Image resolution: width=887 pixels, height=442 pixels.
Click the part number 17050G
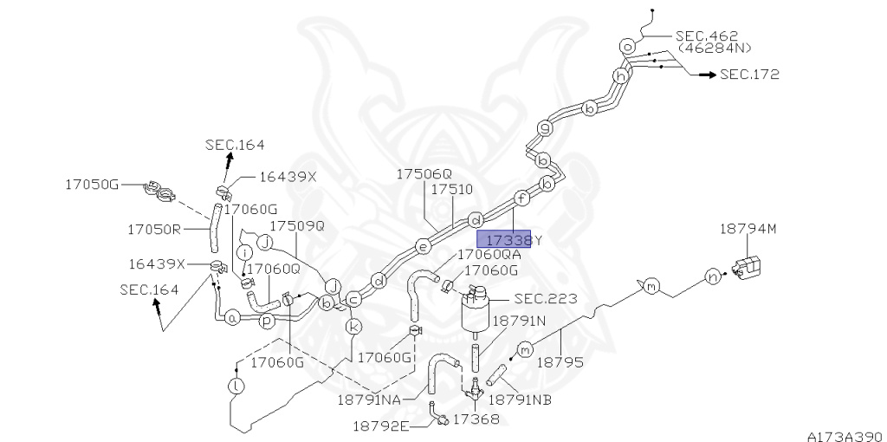click(90, 185)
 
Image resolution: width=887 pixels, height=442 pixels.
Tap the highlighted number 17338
click(508, 240)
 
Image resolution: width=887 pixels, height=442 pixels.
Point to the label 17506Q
click(424, 174)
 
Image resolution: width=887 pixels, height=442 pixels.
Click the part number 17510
click(451, 189)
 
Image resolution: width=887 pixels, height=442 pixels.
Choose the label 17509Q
click(296, 225)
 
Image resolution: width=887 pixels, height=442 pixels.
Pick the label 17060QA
click(489, 254)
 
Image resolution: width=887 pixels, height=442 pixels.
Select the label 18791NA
click(369, 401)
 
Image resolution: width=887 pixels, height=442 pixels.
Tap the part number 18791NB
click(520, 400)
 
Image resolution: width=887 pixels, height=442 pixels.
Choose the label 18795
click(561, 362)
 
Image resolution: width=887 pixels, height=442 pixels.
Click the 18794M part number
click(748, 229)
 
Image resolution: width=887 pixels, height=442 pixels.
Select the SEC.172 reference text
click(750, 75)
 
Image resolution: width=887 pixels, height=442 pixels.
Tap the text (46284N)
click(715, 49)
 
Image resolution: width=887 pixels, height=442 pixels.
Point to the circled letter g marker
click(545, 128)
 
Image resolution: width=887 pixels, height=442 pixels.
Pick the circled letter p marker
click(268, 319)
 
